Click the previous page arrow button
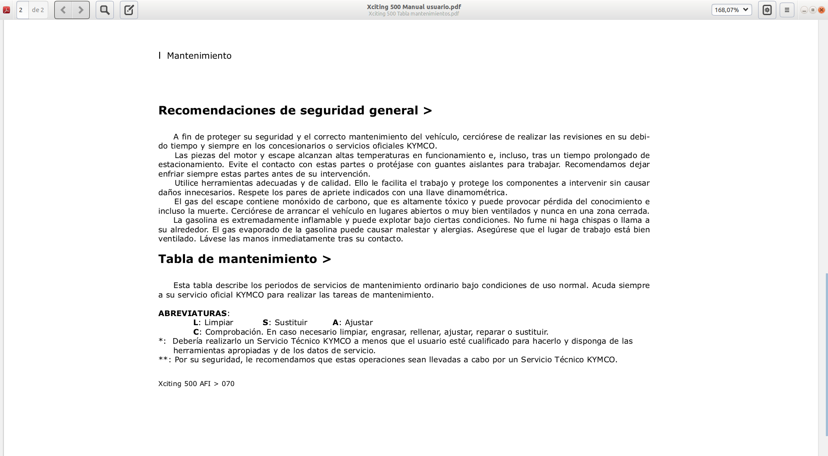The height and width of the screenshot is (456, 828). pos(63,10)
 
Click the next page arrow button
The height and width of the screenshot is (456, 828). pos(81,10)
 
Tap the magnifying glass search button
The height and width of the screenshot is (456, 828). pos(105,10)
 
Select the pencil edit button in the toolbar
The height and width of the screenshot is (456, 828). pos(129,10)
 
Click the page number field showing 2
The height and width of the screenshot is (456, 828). pos(22,10)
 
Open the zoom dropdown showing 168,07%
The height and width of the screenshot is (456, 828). pos(731,10)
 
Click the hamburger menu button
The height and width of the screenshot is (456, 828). pos(787,10)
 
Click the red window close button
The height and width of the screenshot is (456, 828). pos(822,10)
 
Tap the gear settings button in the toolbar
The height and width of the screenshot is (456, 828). pos(767,10)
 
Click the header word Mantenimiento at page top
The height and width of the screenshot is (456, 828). pos(199,56)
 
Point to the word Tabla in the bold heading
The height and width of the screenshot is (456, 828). pos(176,259)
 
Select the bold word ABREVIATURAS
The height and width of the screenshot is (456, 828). pos(192,313)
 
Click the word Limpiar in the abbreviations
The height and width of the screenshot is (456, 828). pos(219,323)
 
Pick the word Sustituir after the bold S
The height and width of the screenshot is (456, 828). pos(291,323)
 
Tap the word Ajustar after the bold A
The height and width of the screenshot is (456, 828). pos(359,323)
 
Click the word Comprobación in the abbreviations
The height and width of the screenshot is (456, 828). pos(234,332)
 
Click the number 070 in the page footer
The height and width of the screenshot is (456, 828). pos(228,384)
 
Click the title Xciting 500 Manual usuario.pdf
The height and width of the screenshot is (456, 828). pos(414,7)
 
